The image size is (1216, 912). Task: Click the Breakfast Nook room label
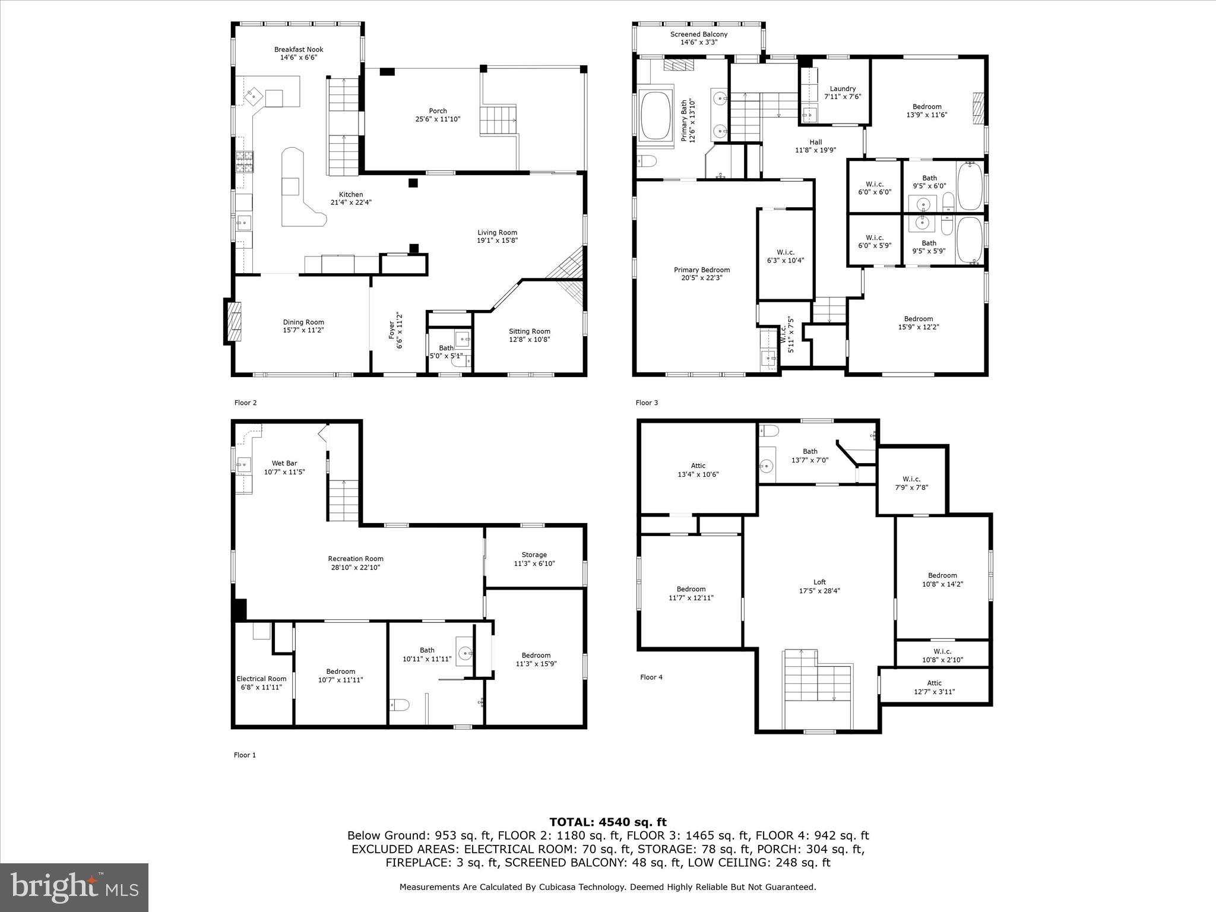(298, 50)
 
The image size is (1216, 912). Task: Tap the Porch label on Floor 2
(438, 111)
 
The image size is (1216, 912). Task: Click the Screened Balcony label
(698, 34)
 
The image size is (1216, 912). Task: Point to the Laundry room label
(843, 89)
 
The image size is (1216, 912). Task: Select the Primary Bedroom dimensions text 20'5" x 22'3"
(702, 278)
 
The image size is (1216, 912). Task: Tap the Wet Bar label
(284, 464)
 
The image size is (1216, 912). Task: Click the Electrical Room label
(261, 679)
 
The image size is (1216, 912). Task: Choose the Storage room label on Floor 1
(534, 555)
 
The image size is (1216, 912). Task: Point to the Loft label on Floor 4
(819, 582)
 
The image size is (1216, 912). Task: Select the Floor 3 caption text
(647, 403)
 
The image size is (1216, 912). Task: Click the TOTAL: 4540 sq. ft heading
(607, 822)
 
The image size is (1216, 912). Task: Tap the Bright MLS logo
(74, 887)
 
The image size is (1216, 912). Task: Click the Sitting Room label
(529, 332)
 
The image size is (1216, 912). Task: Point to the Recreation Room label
(355, 559)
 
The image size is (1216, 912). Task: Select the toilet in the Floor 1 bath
(400, 705)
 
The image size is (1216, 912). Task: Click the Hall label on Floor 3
(815, 142)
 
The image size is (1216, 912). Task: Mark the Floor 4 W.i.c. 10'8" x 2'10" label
(942, 652)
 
